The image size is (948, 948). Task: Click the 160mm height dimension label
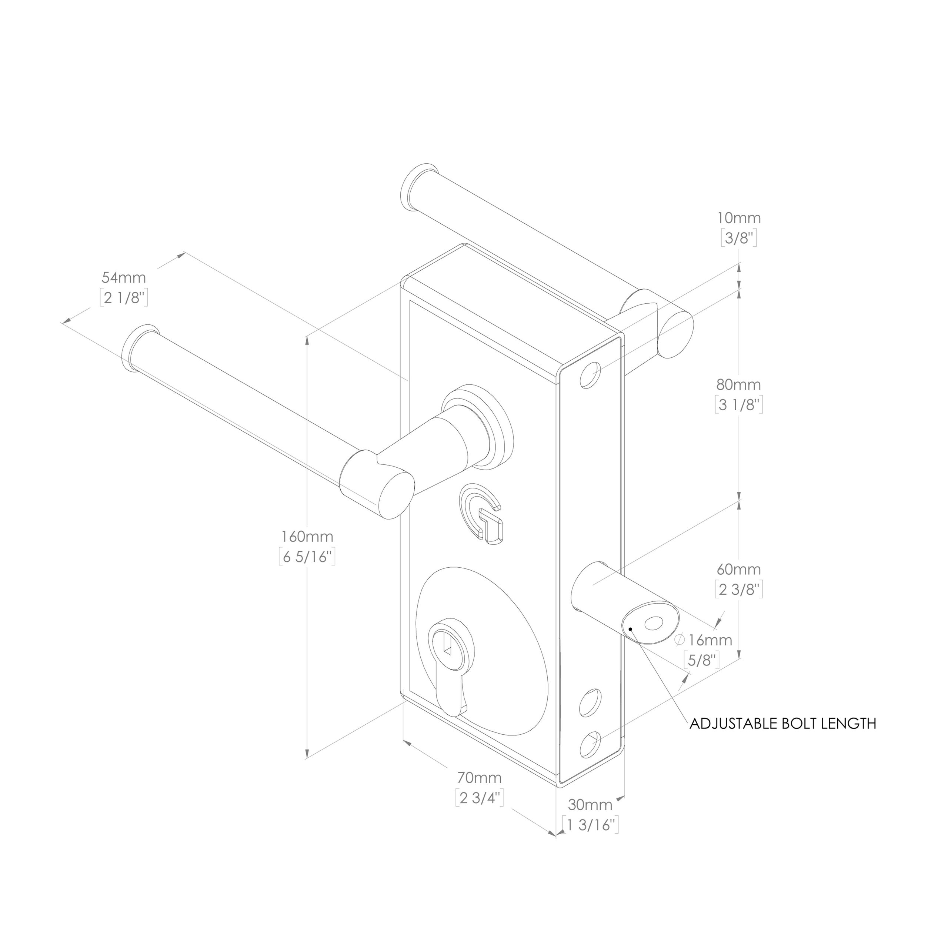307,536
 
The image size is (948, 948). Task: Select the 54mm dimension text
124,277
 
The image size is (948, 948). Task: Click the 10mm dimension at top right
739,217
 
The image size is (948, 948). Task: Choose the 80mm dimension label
738,384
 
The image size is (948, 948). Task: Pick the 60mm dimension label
738,569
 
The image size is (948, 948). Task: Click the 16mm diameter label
704,640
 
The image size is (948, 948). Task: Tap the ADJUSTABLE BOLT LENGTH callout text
782,723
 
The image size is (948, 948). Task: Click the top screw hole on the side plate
591,375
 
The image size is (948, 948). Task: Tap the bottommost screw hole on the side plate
590,744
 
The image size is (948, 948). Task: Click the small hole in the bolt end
653,624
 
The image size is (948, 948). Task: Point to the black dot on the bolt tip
630,628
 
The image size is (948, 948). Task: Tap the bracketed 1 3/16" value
590,825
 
